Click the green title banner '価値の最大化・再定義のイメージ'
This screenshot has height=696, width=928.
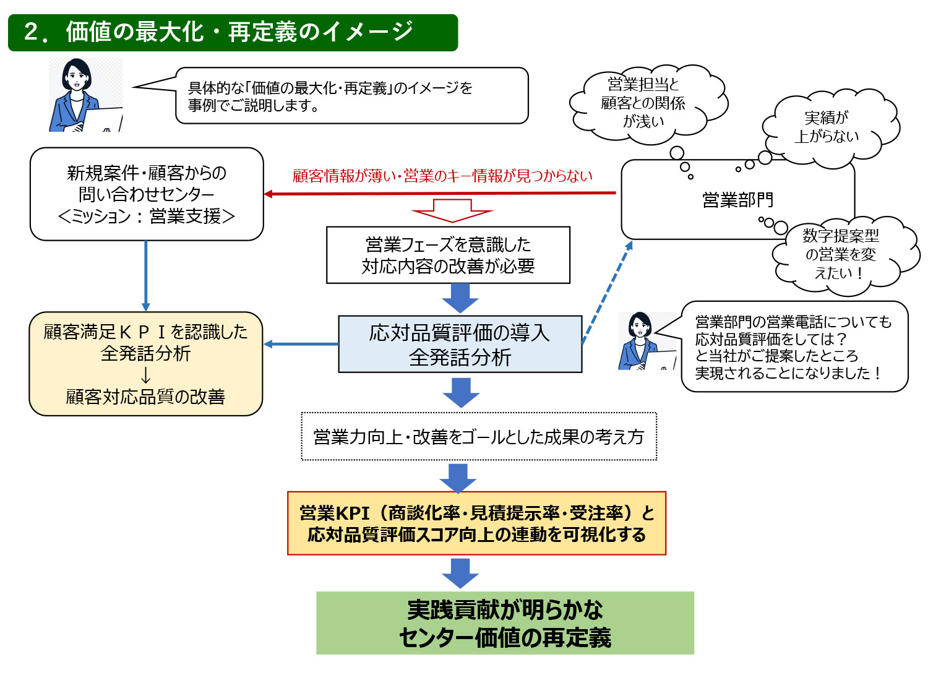click(233, 32)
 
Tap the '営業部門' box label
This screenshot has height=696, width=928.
click(737, 200)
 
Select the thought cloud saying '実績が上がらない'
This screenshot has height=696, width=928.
click(827, 127)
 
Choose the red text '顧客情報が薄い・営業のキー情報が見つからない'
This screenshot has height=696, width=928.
click(442, 176)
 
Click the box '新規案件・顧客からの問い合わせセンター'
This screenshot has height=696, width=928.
click(147, 194)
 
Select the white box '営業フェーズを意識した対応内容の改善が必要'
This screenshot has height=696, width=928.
click(448, 255)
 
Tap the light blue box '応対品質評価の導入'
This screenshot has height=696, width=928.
click(460, 344)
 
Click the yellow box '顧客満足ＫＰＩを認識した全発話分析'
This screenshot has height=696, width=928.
click(145, 363)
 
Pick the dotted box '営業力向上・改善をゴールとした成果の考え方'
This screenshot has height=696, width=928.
click(478, 437)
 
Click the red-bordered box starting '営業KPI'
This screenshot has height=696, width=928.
click(476, 523)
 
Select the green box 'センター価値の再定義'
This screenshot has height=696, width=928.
click(505, 623)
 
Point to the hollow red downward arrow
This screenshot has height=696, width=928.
click(452, 210)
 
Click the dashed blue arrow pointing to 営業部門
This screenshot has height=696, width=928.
click(606, 293)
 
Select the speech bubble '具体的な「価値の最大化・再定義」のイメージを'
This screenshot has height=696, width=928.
click(351, 96)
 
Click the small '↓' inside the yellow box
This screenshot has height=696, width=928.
click(145, 376)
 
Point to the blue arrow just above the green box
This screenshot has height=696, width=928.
click(460, 573)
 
